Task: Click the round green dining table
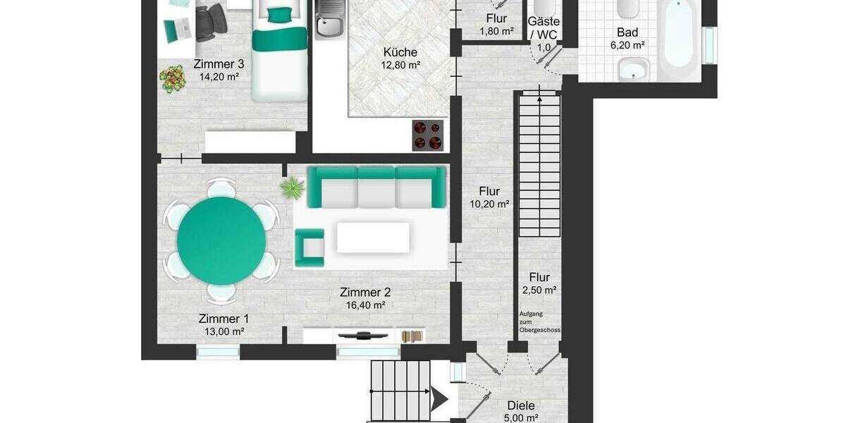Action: pyautogui.click(x=221, y=240)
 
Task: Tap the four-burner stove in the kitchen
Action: pyautogui.click(x=428, y=135)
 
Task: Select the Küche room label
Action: pyautogui.click(x=400, y=52)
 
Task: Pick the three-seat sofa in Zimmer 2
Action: pyautogui.click(x=376, y=187)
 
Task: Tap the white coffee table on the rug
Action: pyautogui.click(x=372, y=238)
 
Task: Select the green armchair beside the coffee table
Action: pyautogui.click(x=309, y=247)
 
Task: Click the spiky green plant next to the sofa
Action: pyautogui.click(x=290, y=188)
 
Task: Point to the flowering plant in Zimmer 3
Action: pyautogui.click(x=171, y=79)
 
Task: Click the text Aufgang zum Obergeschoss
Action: pyautogui.click(x=539, y=321)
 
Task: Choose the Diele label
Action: pyautogui.click(x=521, y=405)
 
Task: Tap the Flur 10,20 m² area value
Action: pyautogui.click(x=489, y=204)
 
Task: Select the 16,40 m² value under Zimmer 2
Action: pyautogui.click(x=364, y=305)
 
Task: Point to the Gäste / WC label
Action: pyautogui.click(x=544, y=27)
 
